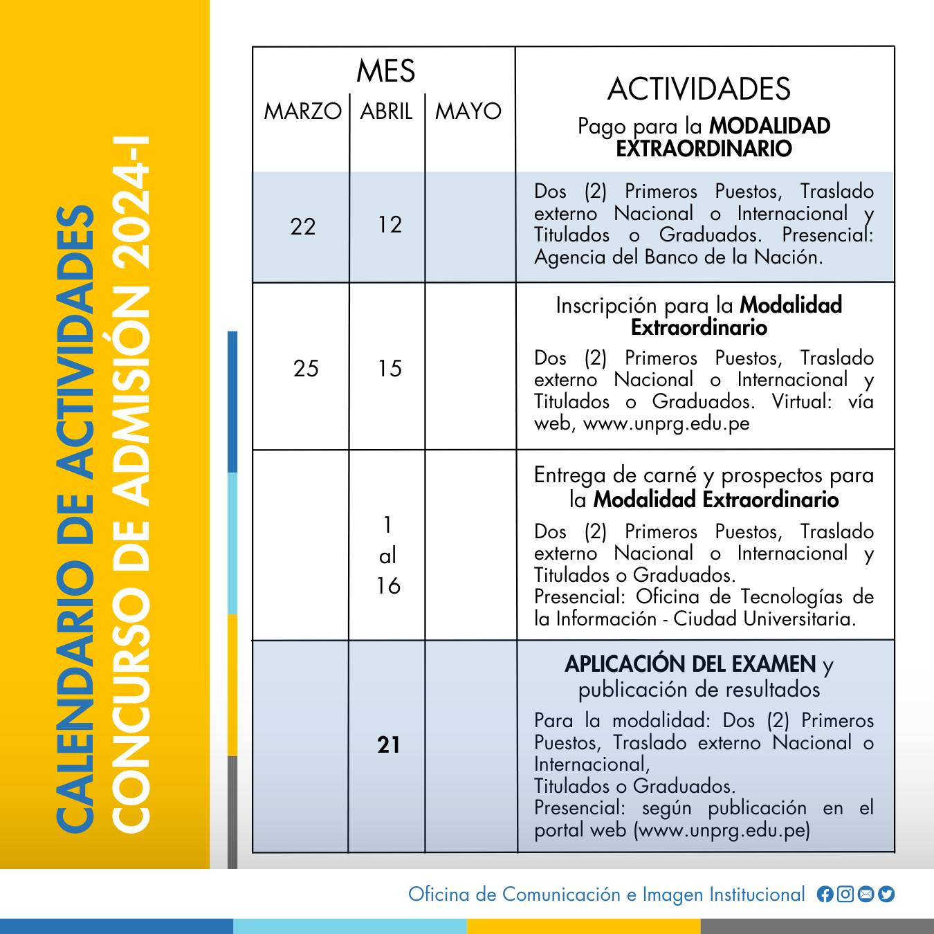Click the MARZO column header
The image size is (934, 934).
pyautogui.click(x=302, y=111)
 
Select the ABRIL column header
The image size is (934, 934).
pyautogui.click(x=386, y=111)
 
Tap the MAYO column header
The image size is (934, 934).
pyautogui.click(x=468, y=111)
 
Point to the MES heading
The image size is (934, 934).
pyautogui.click(x=385, y=71)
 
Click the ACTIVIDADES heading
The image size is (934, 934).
pyautogui.click(x=699, y=89)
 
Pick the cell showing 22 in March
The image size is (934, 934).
pyautogui.click(x=303, y=226)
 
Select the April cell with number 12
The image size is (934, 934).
pyautogui.click(x=390, y=224)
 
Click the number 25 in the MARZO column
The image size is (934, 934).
pyautogui.click(x=306, y=368)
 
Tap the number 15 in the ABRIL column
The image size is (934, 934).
pyautogui.click(x=390, y=368)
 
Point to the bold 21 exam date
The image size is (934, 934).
pyautogui.click(x=389, y=744)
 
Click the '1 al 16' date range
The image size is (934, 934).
pyautogui.click(x=388, y=556)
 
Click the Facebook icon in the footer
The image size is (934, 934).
pyautogui.click(x=825, y=894)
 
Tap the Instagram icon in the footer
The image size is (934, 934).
pyautogui.click(x=845, y=894)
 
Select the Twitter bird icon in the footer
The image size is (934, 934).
pyautogui.click(x=886, y=894)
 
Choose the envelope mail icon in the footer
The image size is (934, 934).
pyautogui.click(x=866, y=894)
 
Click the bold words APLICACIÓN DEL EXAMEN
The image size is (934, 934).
pyautogui.click(x=690, y=664)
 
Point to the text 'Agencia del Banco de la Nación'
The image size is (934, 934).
pyautogui.click(x=678, y=257)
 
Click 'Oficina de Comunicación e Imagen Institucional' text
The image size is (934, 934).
pyautogui.click(x=606, y=894)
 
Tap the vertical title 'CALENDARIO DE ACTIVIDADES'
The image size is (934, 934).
pyautogui.click(x=75, y=519)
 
